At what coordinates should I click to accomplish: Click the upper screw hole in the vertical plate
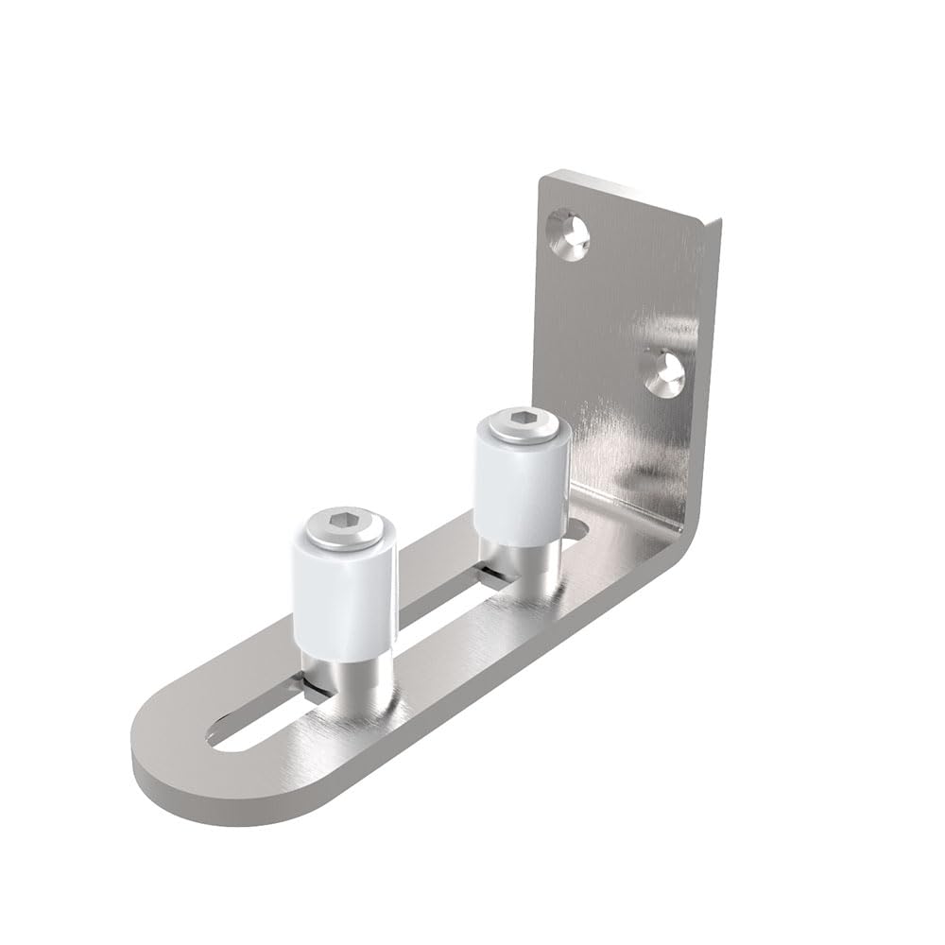pyautogui.click(x=570, y=232)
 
